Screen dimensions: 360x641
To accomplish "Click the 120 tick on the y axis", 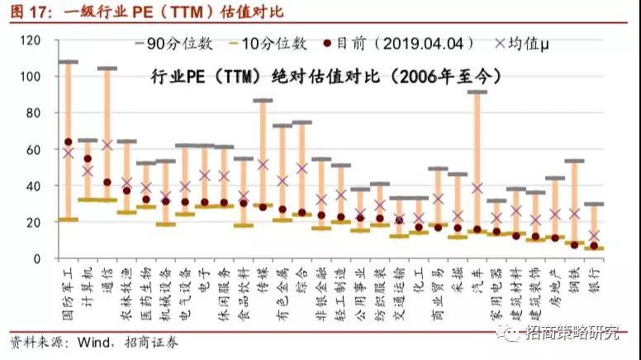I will [x=31, y=40].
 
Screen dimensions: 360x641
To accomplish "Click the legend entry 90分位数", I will [x=192, y=43].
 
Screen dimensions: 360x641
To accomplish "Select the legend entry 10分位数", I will [x=278, y=43].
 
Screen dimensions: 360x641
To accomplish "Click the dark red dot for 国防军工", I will [x=69, y=142].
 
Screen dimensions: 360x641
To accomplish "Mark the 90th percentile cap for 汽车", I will [x=477, y=92].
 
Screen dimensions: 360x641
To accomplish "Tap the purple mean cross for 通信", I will [x=107, y=144].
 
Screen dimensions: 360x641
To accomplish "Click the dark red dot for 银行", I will [x=594, y=245].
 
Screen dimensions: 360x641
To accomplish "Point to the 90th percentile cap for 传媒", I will [x=264, y=101].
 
